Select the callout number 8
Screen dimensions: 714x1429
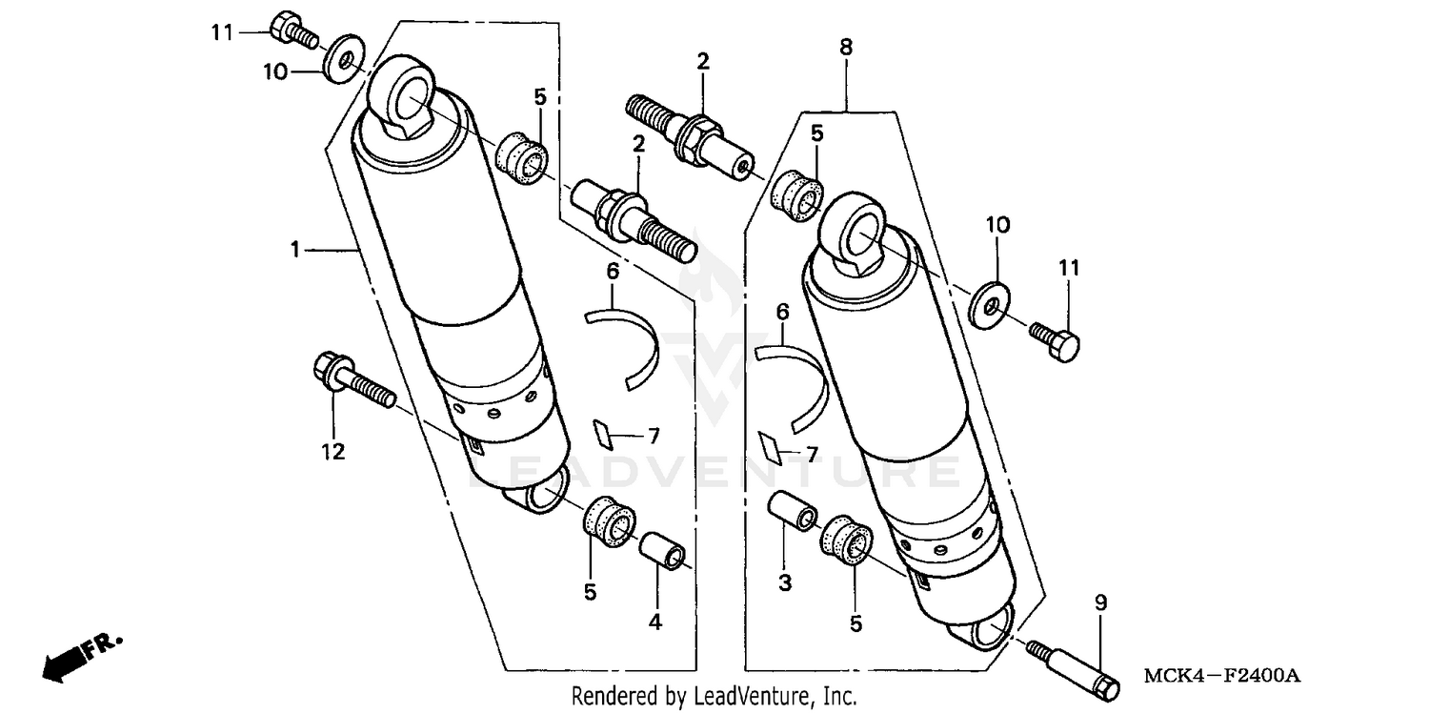coord(846,46)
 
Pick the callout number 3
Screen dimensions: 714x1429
coord(784,582)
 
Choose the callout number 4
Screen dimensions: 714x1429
coord(655,623)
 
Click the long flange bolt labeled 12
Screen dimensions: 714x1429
coord(352,380)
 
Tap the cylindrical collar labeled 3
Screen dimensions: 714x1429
coord(792,510)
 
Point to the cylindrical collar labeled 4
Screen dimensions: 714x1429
coord(663,552)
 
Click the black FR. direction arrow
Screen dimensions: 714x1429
coord(70,657)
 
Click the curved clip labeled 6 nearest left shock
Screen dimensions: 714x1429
coord(627,345)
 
